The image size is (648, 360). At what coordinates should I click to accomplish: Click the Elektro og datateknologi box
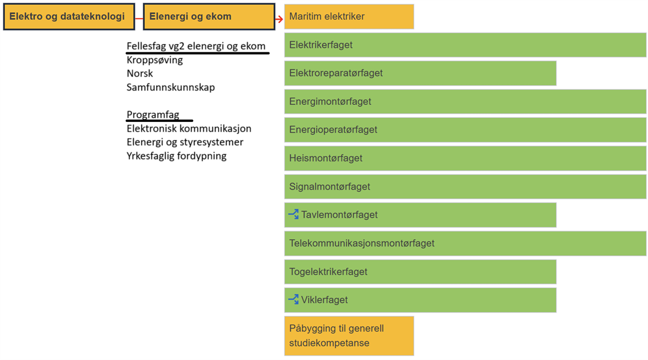point(69,17)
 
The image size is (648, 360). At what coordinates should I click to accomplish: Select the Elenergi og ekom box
point(209,17)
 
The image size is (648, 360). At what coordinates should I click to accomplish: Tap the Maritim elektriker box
point(349,17)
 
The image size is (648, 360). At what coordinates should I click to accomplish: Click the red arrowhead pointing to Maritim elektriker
point(279,19)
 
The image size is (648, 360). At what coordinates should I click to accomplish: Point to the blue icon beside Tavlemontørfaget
point(294,214)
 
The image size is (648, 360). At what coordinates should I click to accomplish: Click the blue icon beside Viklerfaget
point(294,299)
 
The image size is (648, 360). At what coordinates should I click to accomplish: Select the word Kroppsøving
point(155,60)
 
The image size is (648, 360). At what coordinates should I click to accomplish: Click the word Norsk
point(140,73)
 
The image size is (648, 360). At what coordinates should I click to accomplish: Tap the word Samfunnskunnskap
point(171,87)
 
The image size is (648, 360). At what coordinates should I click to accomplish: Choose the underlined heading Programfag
point(153,114)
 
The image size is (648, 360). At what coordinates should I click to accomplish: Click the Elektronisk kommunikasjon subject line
point(189,128)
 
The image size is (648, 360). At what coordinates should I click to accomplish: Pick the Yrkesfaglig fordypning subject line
point(177,156)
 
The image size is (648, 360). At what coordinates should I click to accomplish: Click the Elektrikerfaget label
point(321,45)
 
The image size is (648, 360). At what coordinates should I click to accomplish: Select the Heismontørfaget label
point(326,158)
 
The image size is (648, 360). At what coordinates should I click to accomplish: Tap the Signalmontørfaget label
point(329,187)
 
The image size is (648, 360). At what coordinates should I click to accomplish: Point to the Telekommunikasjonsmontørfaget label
point(362,243)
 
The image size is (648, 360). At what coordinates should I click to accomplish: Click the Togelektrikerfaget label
point(328,271)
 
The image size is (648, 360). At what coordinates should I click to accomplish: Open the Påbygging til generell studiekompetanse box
point(349,336)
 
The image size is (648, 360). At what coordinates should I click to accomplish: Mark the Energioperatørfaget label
point(333,130)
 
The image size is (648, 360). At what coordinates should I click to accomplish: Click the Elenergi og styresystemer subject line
point(185,142)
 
